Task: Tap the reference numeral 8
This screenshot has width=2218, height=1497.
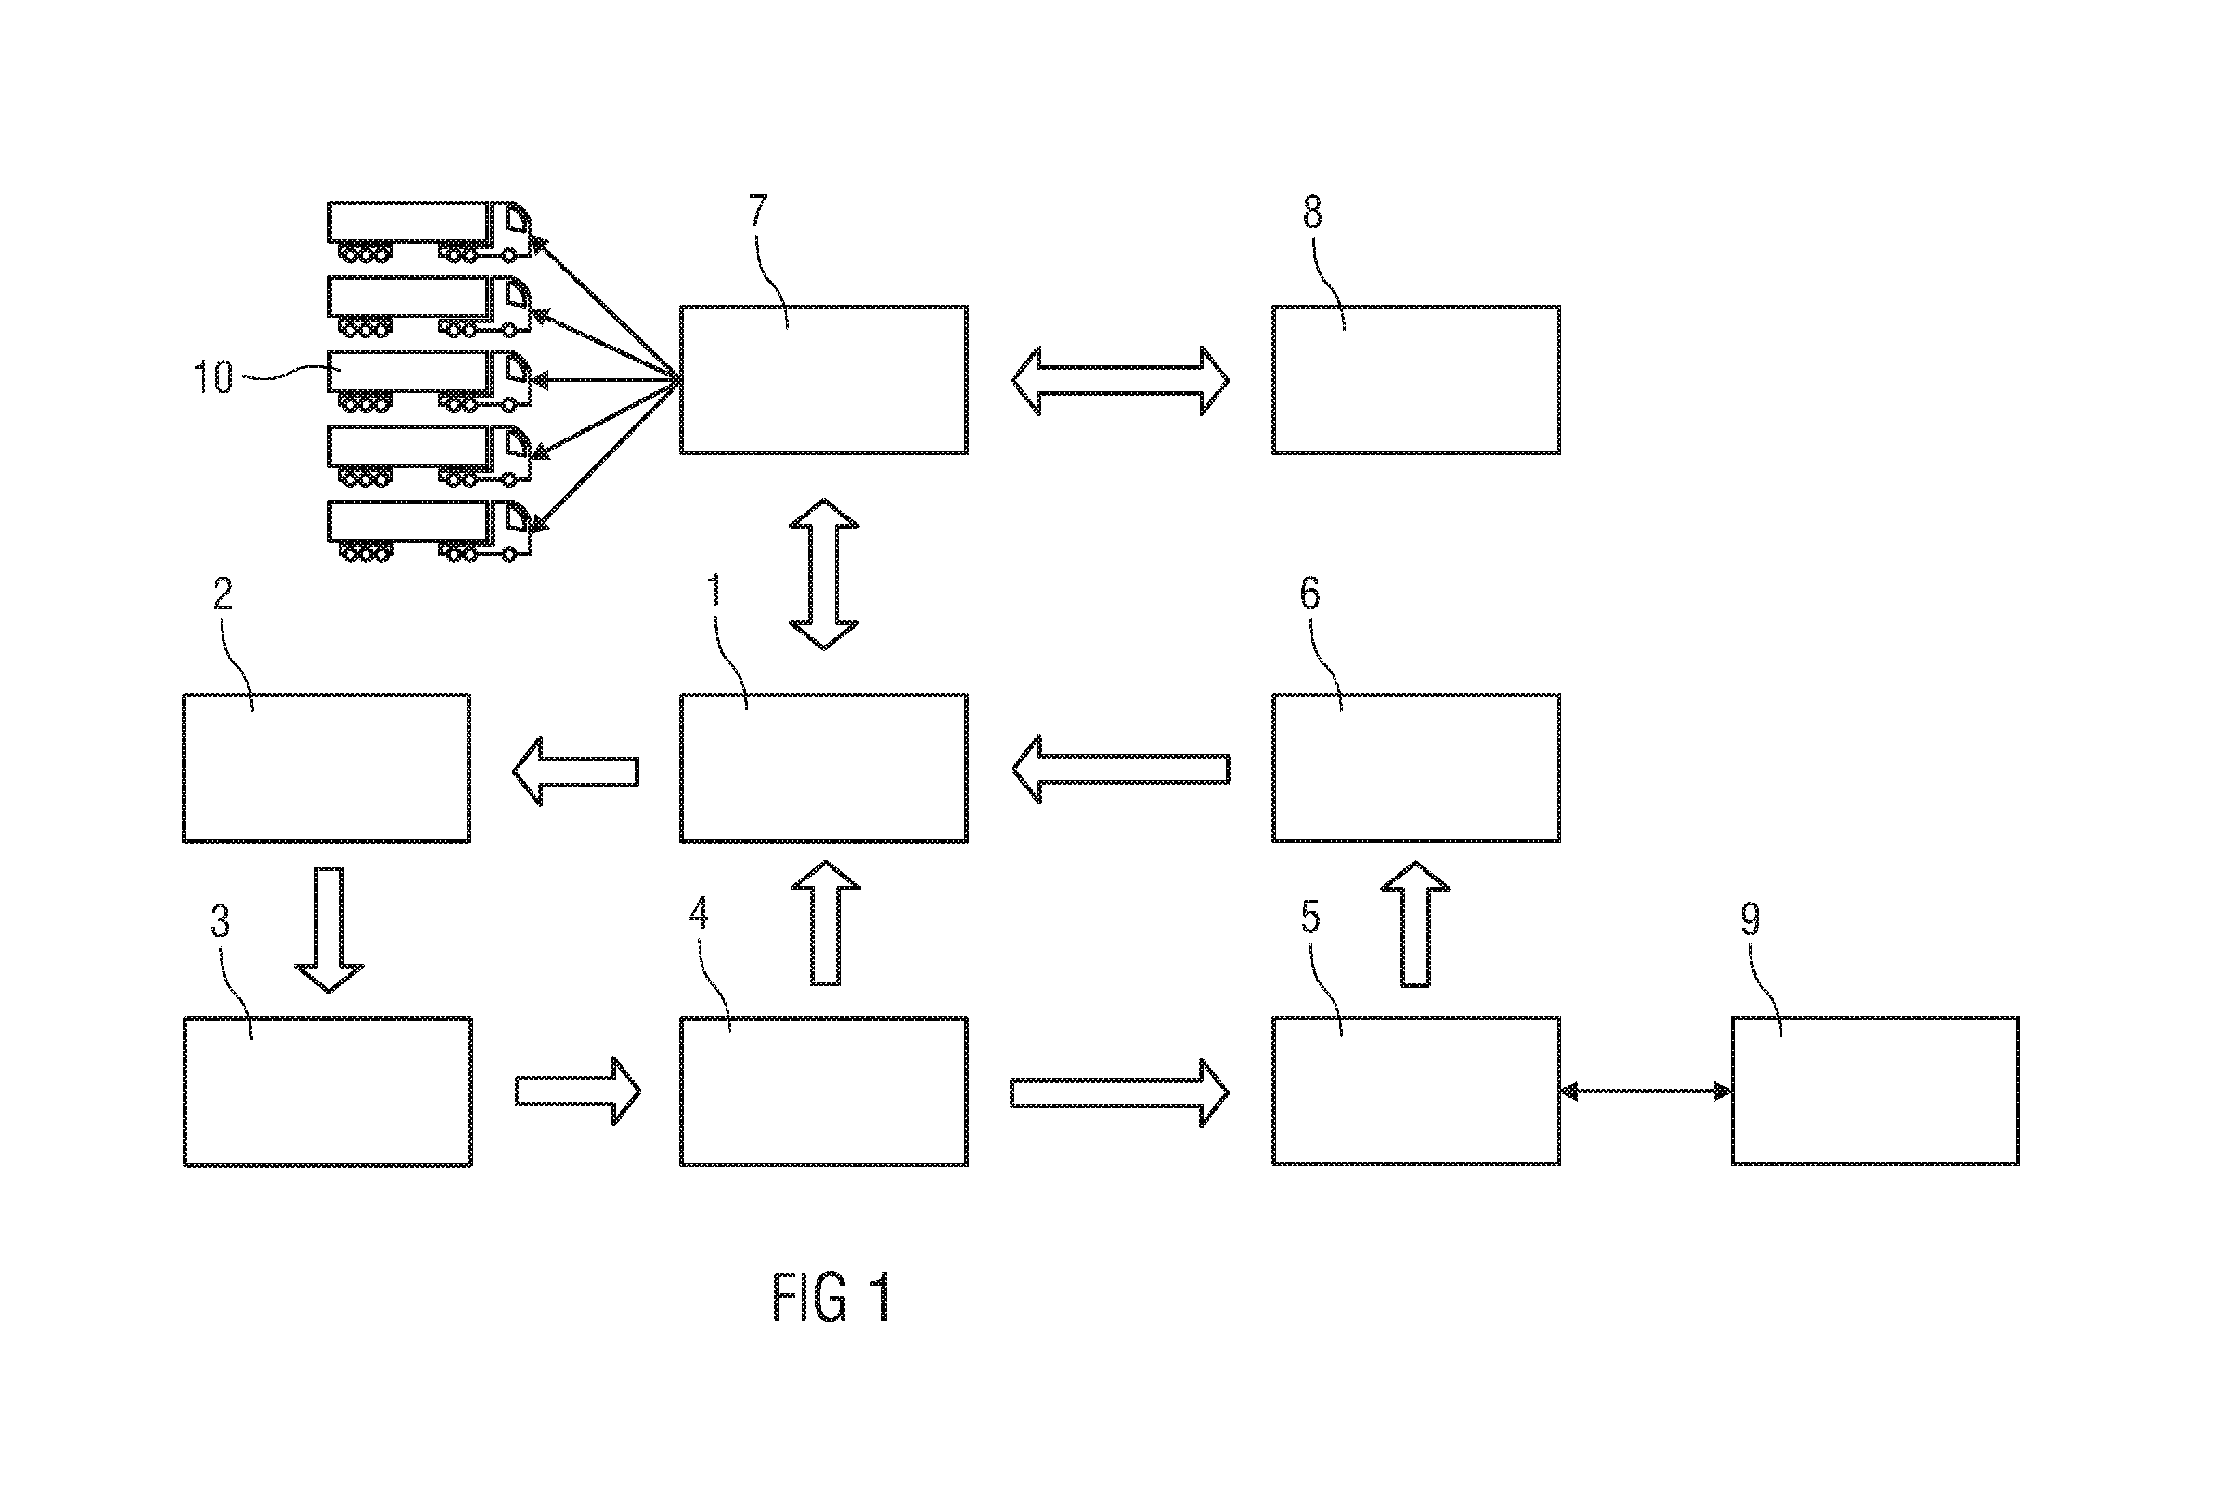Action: (1313, 212)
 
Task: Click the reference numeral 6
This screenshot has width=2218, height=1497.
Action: (1310, 594)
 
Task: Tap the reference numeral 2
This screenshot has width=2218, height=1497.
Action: (222, 594)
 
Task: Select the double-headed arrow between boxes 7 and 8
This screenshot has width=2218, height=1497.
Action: (1121, 380)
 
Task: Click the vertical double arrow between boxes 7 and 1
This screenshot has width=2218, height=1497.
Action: (823, 574)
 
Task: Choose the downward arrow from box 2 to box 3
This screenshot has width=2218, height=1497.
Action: (329, 930)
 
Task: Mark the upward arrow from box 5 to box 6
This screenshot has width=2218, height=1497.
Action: (1415, 923)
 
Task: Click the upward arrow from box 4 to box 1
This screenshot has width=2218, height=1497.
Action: (825, 922)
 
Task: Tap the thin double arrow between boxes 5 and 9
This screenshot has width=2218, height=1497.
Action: (1646, 1090)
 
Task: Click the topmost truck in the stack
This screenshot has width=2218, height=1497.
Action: (429, 231)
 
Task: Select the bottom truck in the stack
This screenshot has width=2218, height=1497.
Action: (429, 530)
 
